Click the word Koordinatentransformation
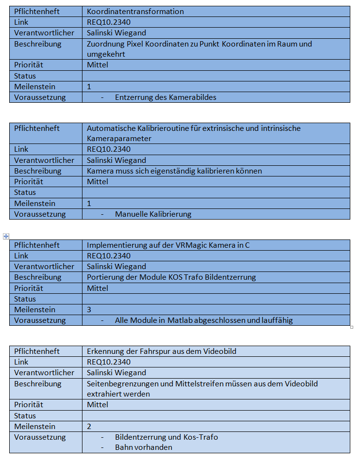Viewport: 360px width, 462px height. pos(135,11)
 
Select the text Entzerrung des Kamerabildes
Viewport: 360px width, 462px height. pos(165,97)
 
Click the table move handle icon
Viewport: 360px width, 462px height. pos(6,236)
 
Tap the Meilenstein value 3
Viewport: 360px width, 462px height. pos(89,309)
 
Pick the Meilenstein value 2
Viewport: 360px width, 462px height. pos(89,426)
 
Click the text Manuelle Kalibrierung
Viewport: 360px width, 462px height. pos(153,214)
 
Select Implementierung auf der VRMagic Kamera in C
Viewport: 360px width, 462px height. pos(168,245)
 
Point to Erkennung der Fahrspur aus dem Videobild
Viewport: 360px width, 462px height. pos(162,351)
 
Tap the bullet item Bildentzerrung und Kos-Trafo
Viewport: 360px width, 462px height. pos(166,437)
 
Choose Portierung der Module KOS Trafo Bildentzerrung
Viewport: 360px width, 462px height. pos(171,277)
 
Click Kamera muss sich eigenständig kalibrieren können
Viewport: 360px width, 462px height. pos(174,171)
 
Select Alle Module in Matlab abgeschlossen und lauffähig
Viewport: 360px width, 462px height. pos(204,320)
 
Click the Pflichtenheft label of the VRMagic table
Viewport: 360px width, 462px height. pos(37,245)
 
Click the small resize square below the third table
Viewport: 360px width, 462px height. pos(352,327)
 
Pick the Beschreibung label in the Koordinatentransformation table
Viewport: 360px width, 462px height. pos(38,44)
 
